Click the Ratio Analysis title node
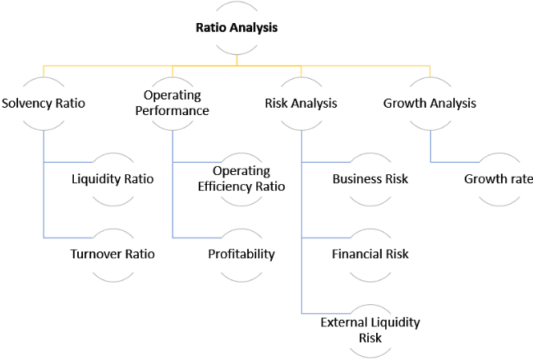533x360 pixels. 237,28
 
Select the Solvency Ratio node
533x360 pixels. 44,103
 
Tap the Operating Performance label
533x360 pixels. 172,103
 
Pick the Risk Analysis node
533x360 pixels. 301,103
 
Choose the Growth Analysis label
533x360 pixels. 430,103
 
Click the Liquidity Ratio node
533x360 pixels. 113,179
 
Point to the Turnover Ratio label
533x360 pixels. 113,254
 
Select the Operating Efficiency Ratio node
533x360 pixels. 241,179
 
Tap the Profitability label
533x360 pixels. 241,254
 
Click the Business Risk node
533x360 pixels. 370,179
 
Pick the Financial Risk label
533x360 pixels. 370,254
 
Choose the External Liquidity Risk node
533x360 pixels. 370,330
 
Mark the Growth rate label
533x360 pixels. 499,179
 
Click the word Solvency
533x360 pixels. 27,104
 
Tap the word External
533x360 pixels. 343,322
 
